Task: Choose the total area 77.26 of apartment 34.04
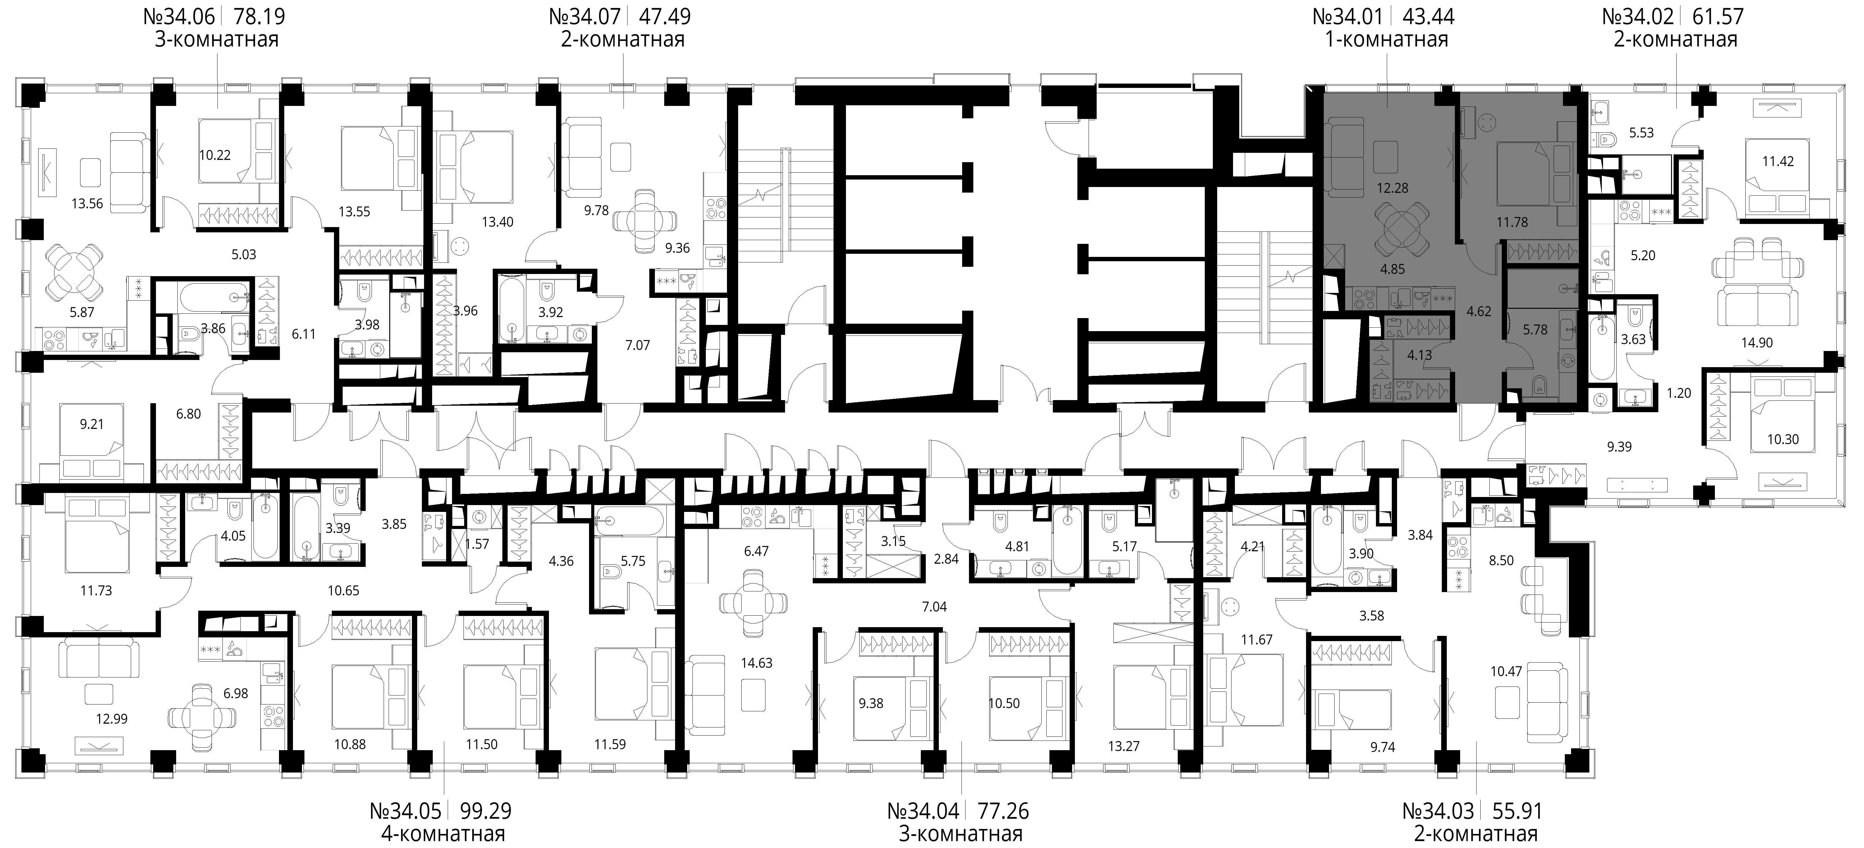tap(1003, 810)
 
